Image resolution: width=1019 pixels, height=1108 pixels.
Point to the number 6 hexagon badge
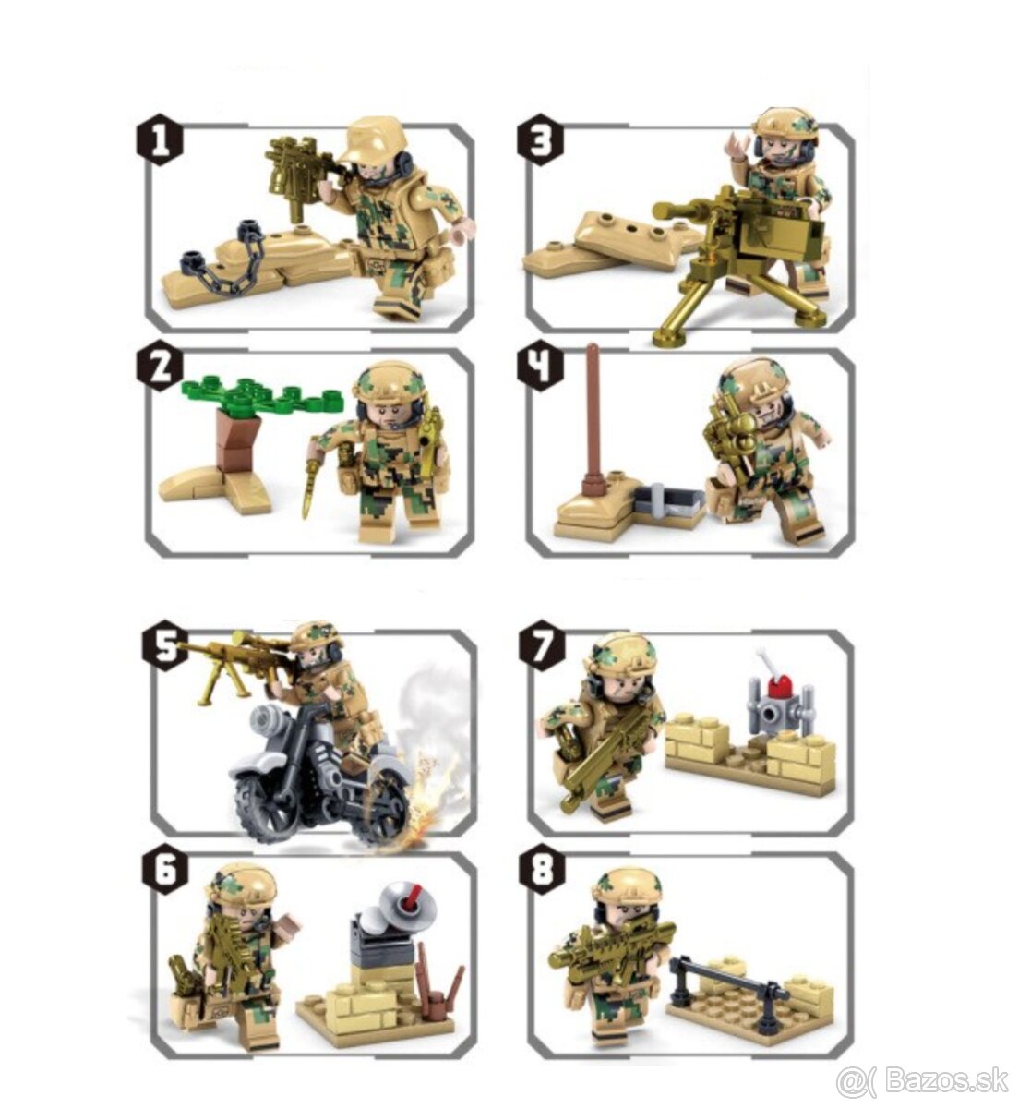coord(163,873)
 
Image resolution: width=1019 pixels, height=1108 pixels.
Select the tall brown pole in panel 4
coord(593,406)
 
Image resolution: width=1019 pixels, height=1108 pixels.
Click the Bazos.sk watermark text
coord(923,1079)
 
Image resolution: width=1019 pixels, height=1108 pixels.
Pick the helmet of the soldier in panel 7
coord(620,655)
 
